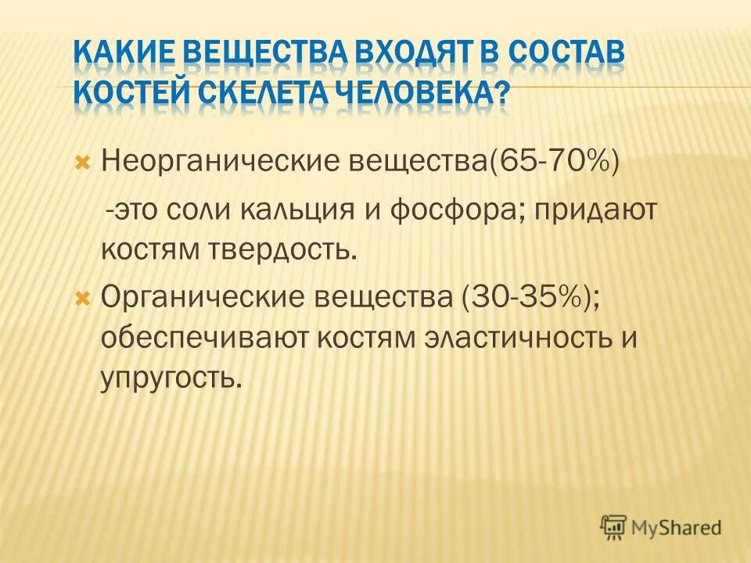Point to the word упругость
click(167, 380)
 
